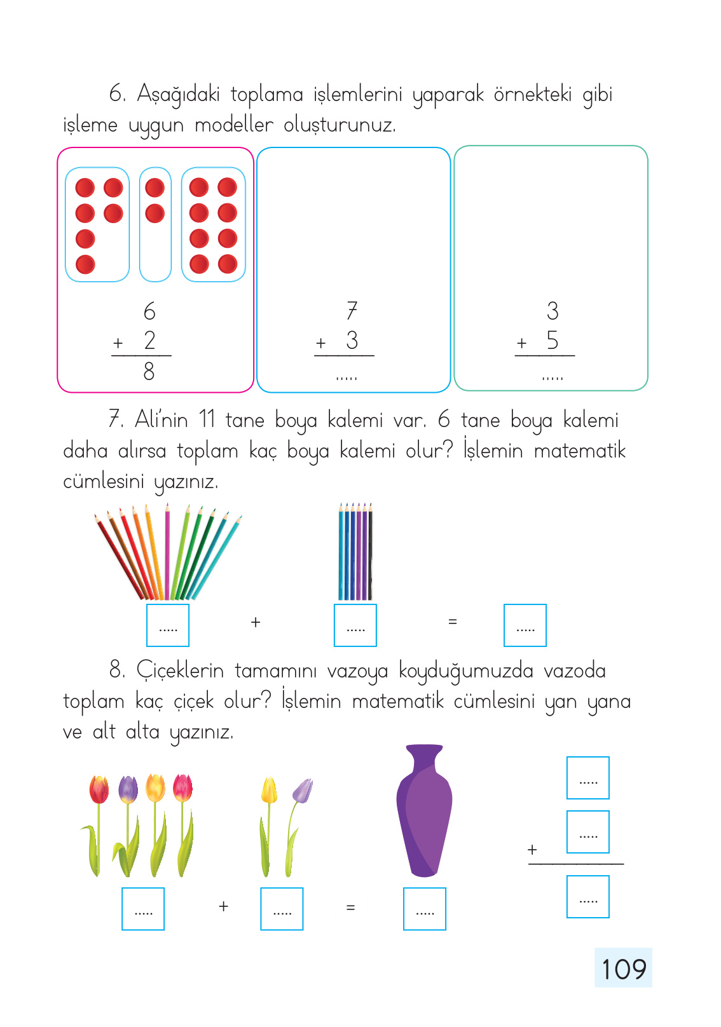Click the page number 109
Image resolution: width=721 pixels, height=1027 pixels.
623,969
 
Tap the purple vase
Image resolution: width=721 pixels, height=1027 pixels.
424,810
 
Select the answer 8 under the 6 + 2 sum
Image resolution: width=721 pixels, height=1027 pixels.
149,371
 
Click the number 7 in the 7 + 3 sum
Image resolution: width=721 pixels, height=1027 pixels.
352,310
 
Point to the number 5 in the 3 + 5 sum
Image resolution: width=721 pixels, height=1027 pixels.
553,340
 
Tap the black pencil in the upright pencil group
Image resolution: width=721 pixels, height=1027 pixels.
370,552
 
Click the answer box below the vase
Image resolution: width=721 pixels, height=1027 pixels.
424,909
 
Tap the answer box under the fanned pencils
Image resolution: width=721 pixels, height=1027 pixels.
167,625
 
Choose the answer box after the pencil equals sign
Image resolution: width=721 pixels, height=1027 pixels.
525,625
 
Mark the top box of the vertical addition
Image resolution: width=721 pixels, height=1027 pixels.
587,778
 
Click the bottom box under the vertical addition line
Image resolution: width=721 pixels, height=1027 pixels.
587,897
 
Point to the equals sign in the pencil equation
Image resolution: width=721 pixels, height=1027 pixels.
452,622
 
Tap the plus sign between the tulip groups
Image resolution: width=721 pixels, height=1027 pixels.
223,906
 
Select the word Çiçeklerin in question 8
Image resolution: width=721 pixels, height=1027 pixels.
180,671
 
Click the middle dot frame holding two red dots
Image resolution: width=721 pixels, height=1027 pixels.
155,224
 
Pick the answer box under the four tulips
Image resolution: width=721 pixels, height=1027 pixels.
142,909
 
